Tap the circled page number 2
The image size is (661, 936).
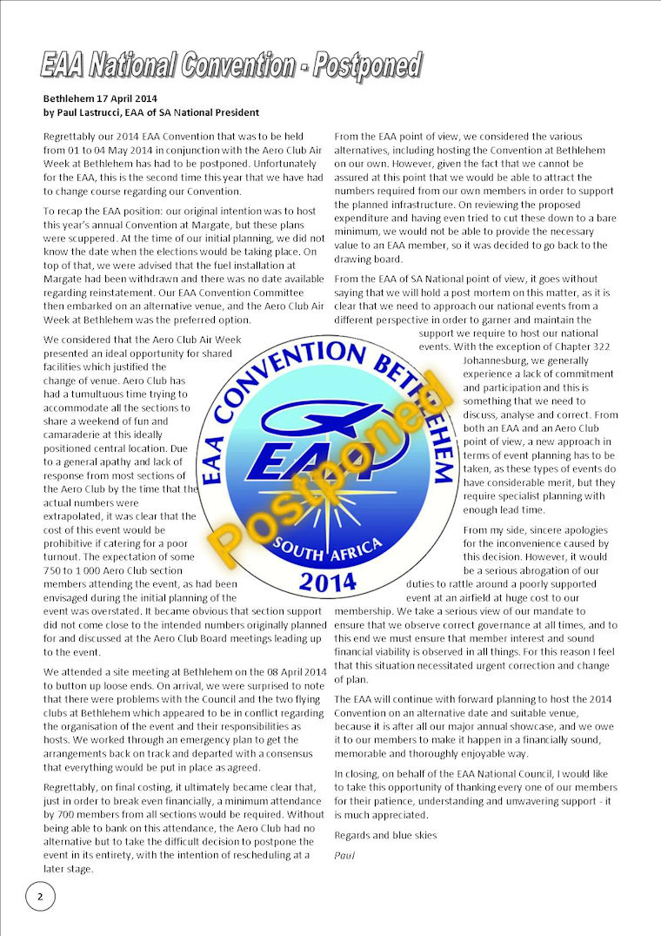(x=40, y=895)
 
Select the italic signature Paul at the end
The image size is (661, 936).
(x=344, y=854)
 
